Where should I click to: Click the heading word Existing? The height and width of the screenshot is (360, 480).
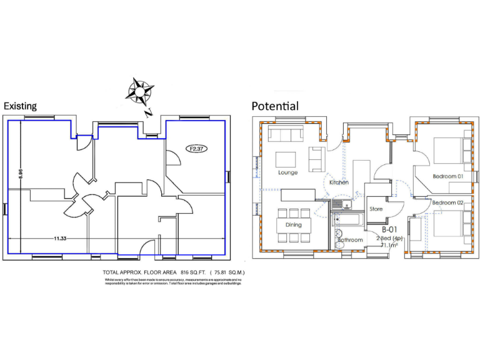click(x=20, y=106)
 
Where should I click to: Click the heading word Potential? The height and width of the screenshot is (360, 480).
click(x=274, y=106)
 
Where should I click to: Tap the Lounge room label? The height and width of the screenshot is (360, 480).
click(x=287, y=172)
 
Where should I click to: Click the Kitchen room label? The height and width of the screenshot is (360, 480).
click(x=339, y=182)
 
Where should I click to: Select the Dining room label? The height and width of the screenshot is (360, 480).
click(x=293, y=225)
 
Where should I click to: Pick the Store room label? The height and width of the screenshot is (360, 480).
click(x=376, y=209)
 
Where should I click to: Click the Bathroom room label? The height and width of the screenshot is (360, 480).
click(x=351, y=240)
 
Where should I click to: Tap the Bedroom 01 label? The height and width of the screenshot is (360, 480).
click(x=447, y=176)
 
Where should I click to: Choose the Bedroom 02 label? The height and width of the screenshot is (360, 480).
click(x=447, y=202)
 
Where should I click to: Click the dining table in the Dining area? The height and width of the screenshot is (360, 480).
click(x=293, y=225)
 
